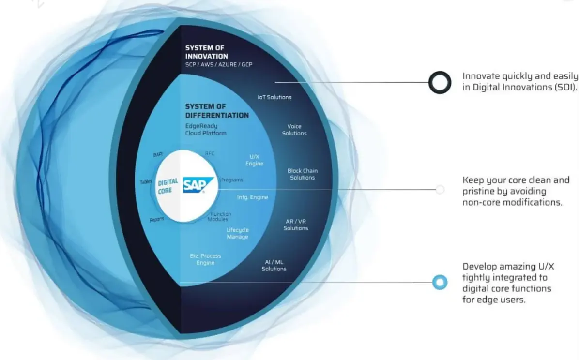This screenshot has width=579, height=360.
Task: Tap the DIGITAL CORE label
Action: [168, 186]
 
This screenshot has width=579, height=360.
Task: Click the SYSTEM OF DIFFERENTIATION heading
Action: [217, 111]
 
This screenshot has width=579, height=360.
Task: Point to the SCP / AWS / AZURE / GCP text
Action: [218, 65]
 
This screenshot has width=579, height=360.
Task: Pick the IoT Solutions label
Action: [274, 97]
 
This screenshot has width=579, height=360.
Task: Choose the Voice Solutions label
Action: [294, 130]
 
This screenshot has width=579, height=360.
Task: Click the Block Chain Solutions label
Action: [303, 174]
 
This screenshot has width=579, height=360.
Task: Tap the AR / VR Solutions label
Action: [296, 225]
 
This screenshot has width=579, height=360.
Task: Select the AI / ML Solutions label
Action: [274, 265]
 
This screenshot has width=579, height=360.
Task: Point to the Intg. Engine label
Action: [252, 197]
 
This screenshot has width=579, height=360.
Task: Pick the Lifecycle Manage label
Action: [237, 233]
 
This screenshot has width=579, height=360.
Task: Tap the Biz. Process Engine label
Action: [205, 259]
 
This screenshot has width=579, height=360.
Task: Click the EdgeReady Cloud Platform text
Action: [205, 129]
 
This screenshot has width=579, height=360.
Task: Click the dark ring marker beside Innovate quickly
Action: [440, 82]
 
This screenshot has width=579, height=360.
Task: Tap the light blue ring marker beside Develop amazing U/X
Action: [440, 282]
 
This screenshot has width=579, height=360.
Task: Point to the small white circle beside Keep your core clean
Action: [440, 190]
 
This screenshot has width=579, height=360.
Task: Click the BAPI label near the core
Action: [158, 155]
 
